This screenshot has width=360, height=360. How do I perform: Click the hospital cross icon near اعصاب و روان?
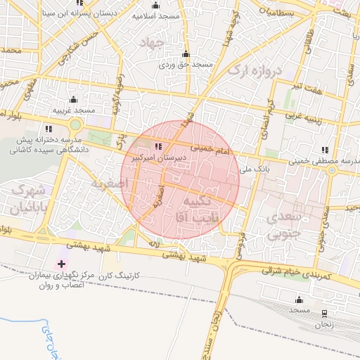click(x=62, y=264)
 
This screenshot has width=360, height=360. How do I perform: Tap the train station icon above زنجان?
click(x=324, y=313)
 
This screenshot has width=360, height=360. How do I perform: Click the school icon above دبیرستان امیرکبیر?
click(x=157, y=147)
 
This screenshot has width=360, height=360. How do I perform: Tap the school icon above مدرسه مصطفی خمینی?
click(x=324, y=150)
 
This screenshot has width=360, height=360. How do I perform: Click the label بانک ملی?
click(x=254, y=169)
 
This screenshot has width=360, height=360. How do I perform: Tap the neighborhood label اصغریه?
click(x=108, y=183)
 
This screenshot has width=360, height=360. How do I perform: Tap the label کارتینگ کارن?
click(x=120, y=274)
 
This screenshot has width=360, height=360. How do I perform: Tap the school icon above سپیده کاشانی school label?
click(x=49, y=129)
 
